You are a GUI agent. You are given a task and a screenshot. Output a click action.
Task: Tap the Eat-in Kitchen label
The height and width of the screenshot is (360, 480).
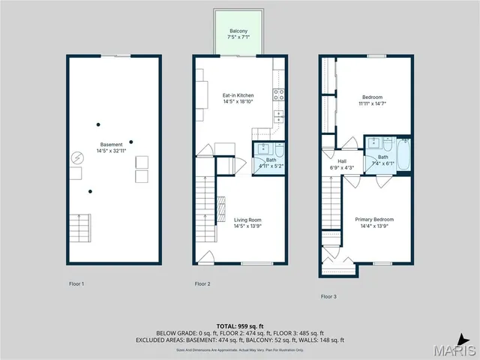(238, 95)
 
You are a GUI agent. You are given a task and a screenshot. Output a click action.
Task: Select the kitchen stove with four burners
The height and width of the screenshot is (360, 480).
(278, 94)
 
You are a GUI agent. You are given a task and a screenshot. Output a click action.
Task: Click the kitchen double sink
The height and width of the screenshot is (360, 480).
(278, 116)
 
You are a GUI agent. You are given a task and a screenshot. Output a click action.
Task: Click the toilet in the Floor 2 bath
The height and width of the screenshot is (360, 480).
(279, 148)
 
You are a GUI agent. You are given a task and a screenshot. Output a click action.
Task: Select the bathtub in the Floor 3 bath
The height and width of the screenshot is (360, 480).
(403, 156)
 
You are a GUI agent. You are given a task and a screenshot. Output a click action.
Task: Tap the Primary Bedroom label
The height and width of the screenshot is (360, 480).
(373, 219)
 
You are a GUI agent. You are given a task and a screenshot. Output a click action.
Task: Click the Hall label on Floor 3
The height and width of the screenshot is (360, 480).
(341, 160)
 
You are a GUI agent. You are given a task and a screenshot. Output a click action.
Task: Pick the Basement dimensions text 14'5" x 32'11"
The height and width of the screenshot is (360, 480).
(112, 151)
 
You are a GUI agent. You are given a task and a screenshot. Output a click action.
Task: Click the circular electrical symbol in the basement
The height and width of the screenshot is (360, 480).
(76, 158)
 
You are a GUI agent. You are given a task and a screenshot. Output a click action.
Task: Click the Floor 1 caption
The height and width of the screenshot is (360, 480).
(76, 283)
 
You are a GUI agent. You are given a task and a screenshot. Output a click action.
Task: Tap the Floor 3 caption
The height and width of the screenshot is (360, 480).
(328, 296)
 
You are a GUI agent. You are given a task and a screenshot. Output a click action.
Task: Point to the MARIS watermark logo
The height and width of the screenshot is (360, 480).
(454, 350)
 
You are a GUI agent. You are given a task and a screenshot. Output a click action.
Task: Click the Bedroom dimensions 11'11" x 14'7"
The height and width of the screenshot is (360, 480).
(372, 104)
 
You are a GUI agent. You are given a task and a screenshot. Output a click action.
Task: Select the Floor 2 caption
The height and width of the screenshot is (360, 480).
(202, 283)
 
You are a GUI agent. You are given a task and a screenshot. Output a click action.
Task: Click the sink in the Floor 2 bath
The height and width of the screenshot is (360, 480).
(265, 148)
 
